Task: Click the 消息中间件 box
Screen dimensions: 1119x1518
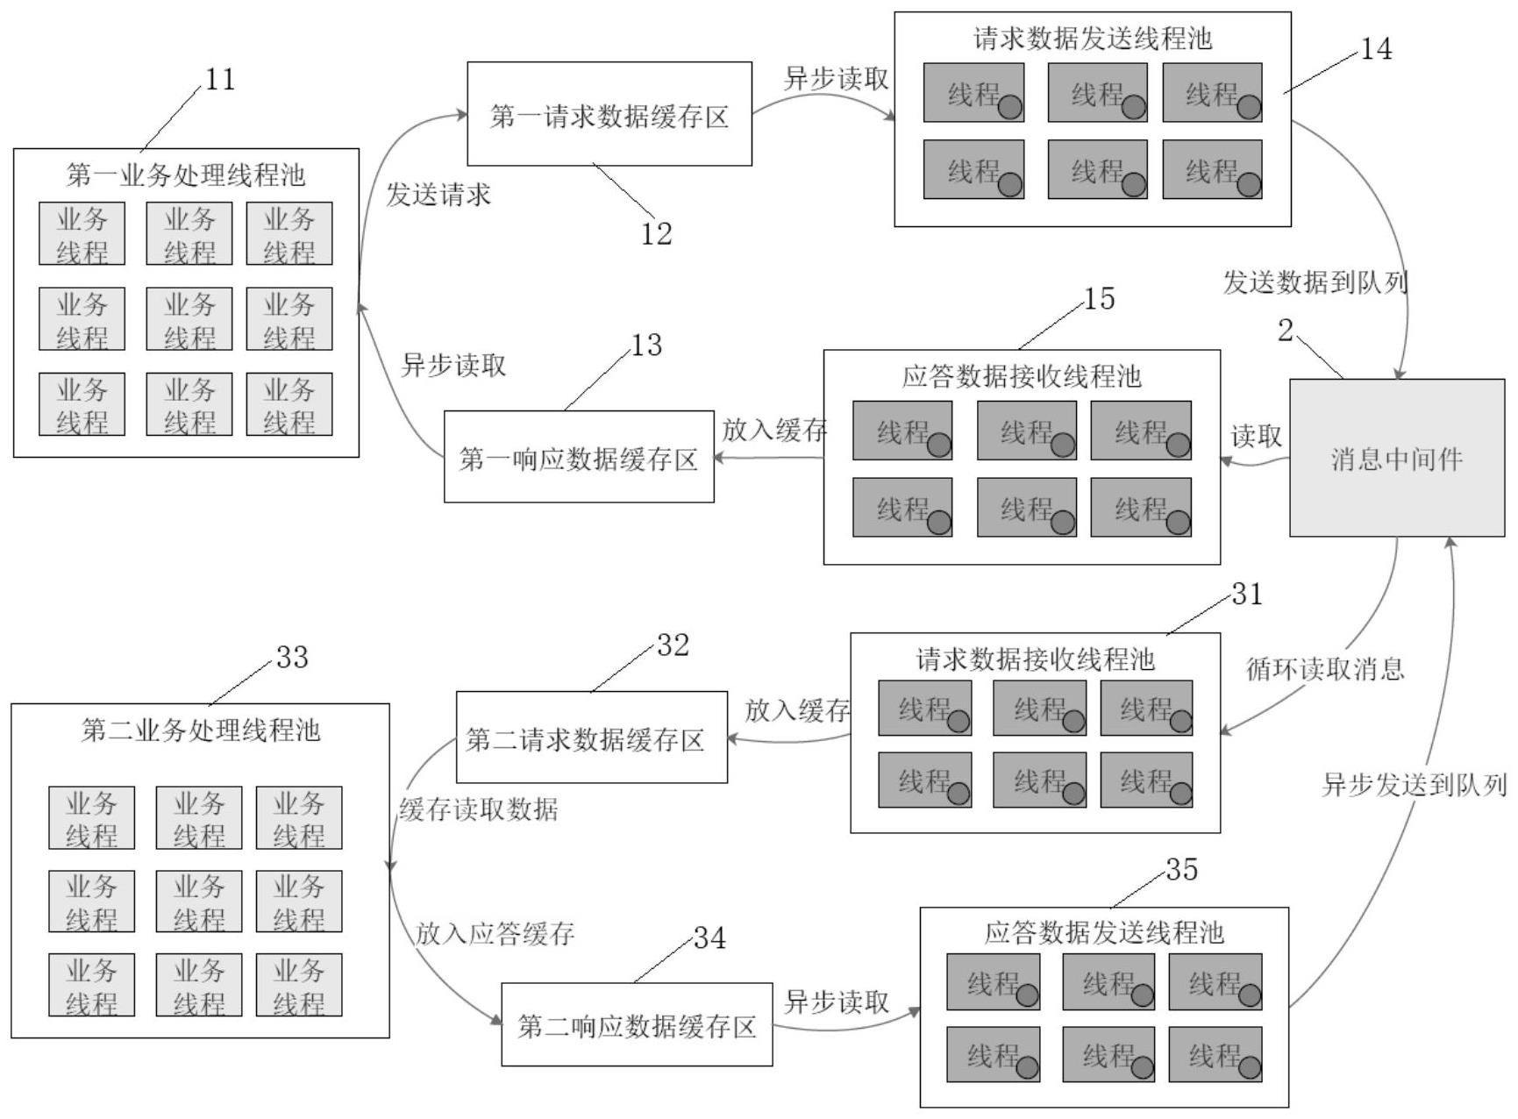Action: click(1396, 458)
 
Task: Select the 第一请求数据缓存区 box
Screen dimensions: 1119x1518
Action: click(609, 115)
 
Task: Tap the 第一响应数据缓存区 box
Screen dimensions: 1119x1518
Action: click(579, 458)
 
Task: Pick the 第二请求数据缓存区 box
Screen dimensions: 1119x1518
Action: click(591, 738)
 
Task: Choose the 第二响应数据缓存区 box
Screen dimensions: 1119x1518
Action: click(637, 1025)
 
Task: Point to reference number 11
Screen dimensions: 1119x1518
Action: click(220, 80)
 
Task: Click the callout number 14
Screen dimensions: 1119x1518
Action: click(1375, 49)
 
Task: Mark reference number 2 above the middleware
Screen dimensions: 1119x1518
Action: click(1285, 331)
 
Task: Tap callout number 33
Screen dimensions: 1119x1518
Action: click(292, 658)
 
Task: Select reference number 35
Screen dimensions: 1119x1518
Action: click(1181, 869)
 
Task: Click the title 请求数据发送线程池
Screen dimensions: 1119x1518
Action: click(1093, 39)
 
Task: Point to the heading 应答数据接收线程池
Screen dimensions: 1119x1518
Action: click(1022, 376)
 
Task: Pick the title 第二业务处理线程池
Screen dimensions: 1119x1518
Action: click(201, 731)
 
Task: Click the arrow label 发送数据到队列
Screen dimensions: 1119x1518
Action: click(1315, 282)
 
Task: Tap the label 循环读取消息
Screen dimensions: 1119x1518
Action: click(1325, 669)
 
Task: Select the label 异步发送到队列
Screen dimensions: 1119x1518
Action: click(1414, 785)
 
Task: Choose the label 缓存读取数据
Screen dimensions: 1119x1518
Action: click(479, 809)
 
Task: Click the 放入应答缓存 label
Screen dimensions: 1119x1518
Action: click(495, 934)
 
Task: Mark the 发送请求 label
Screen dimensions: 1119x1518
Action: click(438, 195)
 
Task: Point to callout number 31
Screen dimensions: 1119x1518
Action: click(1247, 595)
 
